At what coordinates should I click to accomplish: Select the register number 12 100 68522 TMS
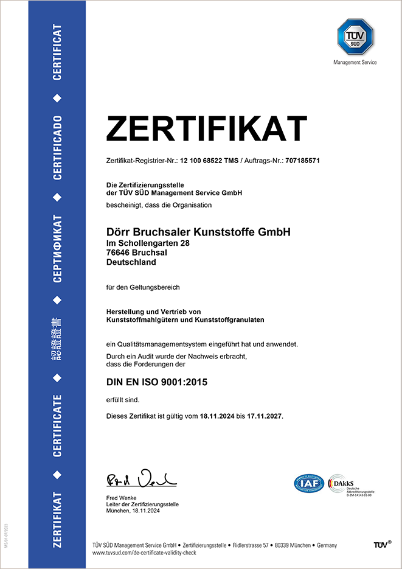point(209,161)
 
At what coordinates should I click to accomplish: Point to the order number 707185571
point(298,161)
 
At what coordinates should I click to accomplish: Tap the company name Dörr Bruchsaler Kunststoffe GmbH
point(198,232)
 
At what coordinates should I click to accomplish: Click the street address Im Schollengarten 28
point(148,243)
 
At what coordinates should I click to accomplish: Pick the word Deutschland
point(131,262)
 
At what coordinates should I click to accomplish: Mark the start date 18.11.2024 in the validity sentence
point(217,416)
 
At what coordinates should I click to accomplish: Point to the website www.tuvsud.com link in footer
point(158,553)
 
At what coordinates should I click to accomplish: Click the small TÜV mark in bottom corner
point(382,545)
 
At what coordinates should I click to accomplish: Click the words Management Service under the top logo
point(355,62)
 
